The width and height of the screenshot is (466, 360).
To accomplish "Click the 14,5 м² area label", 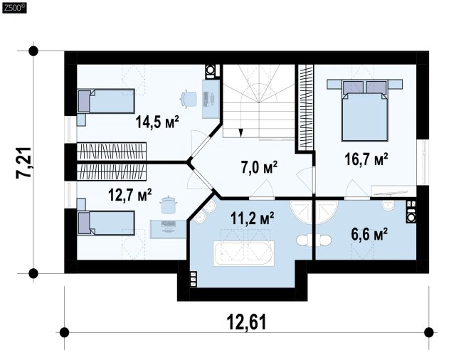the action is pos(157,122).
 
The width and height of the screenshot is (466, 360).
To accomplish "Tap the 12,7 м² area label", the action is pos(130,195).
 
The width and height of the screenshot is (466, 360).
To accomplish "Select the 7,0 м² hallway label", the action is pos(259,167).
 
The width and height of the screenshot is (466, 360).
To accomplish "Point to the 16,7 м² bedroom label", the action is pos(366,159).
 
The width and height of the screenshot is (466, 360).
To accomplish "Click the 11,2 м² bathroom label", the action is pos(253,218).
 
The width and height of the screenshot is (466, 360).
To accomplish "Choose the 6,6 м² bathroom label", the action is pos(369,234).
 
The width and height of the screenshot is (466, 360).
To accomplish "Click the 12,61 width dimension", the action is pos(247,322).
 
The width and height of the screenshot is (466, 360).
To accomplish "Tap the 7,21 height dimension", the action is pos(23,163).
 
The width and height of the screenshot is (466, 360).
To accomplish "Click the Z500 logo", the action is pos(14,8).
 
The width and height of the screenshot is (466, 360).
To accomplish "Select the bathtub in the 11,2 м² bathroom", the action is pos(243,253).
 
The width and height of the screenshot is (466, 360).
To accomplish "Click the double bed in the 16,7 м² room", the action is pos(365,110).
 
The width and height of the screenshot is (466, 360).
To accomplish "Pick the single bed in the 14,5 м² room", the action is pos(106,101).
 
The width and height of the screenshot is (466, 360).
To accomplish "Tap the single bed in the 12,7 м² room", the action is pos(106,223).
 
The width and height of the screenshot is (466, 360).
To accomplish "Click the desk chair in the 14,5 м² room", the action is pos(189,98).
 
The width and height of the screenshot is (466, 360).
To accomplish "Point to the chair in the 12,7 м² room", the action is pos(169,204).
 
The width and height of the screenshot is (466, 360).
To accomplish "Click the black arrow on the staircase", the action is pos(240,132).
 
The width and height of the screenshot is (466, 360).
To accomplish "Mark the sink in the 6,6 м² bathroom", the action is pos(388,206).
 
